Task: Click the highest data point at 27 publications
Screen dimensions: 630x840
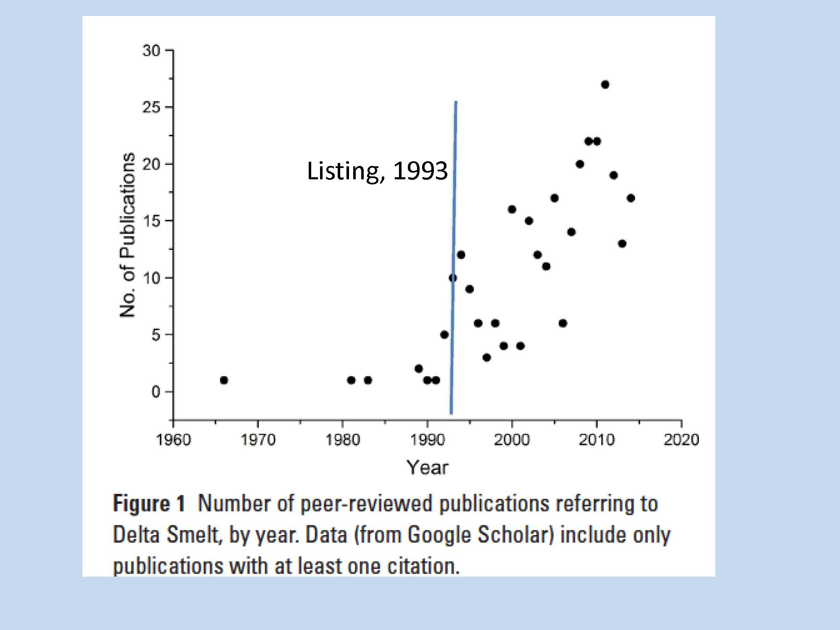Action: pyautogui.click(x=605, y=85)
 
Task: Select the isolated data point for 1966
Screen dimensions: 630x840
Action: pyautogui.click(x=224, y=380)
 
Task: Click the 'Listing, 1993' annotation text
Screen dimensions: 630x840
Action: pyautogui.click(x=377, y=171)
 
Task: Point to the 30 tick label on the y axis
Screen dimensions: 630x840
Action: pyautogui.click(x=152, y=51)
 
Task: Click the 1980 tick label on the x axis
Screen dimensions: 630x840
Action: pyautogui.click(x=343, y=440)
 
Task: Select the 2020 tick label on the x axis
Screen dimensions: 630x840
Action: pyautogui.click(x=681, y=440)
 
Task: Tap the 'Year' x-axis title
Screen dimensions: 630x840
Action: pyautogui.click(x=427, y=467)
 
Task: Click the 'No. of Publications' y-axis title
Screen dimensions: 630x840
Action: pyautogui.click(x=127, y=235)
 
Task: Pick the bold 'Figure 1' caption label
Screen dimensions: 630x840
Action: pyautogui.click(x=149, y=503)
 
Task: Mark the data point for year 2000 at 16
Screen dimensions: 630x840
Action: pyautogui.click(x=512, y=209)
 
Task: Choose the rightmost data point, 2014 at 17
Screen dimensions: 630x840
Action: pyautogui.click(x=630, y=198)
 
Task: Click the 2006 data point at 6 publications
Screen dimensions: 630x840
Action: pyautogui.click(x=563, y=323)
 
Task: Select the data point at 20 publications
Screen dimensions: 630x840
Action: pyautogui.click(x=580, y=164)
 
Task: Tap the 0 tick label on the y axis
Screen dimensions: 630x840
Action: pyautogui.click(x=156, y=392)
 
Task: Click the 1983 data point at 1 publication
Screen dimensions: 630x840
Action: pyautogui.click(x=368, y=380)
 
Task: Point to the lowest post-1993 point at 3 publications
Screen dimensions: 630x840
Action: pyautogui.click(x=486, y=357)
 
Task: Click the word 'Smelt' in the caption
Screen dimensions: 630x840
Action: pyautogui.click(x=193, y=535)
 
